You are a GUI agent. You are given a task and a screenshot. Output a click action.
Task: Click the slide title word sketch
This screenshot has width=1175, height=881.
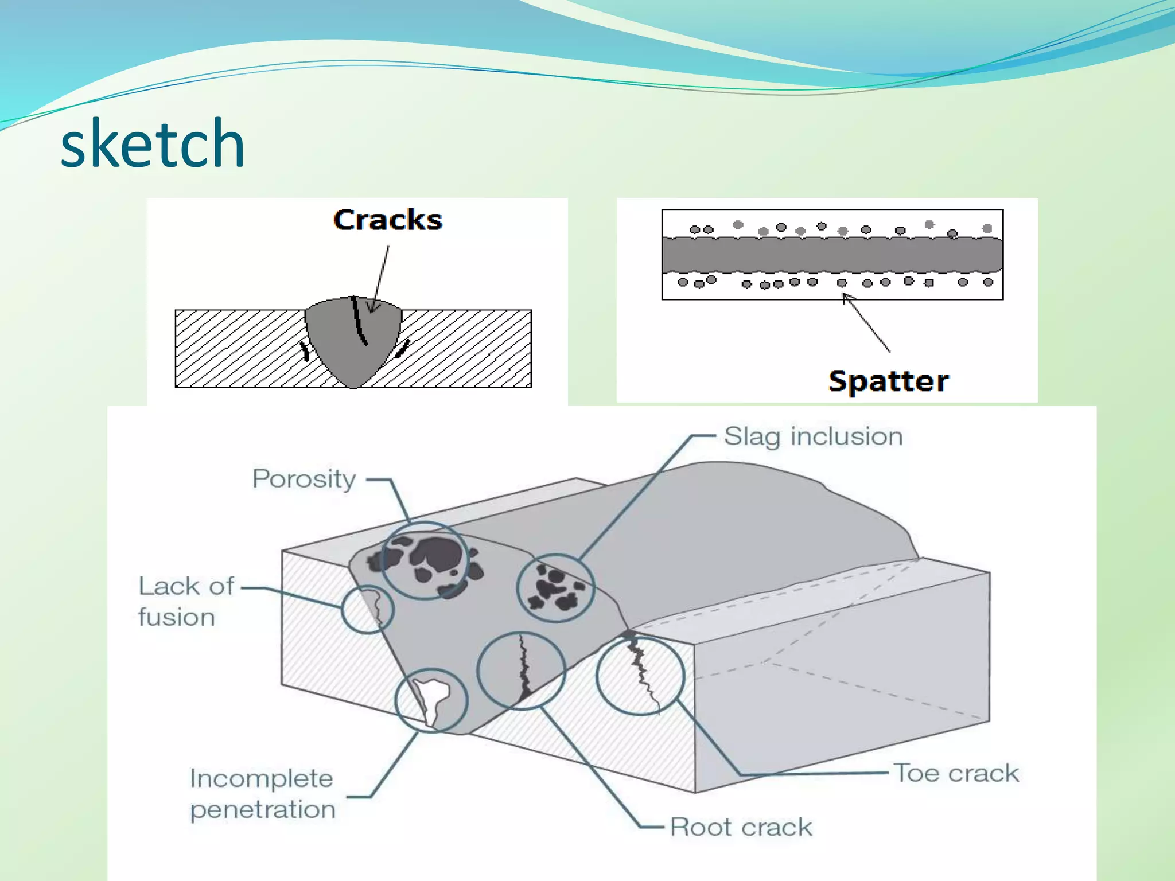153,143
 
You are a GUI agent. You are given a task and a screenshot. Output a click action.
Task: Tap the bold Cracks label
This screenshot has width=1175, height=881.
388,220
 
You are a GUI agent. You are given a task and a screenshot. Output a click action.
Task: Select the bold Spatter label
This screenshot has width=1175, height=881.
889,381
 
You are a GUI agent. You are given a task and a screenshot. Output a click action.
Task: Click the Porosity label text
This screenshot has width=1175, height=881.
304,479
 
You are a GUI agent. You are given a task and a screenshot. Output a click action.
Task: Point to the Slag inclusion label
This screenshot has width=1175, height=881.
813,436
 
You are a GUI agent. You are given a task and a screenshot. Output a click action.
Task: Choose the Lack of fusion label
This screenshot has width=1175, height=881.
186,602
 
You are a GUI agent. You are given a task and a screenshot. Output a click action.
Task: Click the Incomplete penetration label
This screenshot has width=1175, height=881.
262,794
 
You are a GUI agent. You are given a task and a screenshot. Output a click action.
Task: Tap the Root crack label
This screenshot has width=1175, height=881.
741,827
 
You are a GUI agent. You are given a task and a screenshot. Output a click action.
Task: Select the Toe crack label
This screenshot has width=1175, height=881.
956,773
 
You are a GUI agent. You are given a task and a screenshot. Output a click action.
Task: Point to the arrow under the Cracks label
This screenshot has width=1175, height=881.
380,278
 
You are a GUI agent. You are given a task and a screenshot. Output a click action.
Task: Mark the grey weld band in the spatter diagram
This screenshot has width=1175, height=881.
832,255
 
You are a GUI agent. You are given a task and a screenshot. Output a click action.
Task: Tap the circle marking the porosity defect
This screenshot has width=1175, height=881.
425,560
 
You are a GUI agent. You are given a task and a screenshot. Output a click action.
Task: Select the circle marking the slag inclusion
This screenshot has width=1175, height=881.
555,588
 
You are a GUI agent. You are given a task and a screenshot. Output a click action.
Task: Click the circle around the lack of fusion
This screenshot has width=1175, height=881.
367,609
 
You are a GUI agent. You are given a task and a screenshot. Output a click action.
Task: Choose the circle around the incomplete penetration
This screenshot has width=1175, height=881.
431,700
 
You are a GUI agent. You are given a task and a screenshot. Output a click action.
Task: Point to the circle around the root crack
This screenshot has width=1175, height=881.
522,671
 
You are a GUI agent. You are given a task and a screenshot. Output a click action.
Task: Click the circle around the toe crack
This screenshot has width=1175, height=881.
640,675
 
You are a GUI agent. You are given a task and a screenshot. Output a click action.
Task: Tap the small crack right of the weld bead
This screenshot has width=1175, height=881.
403,348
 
